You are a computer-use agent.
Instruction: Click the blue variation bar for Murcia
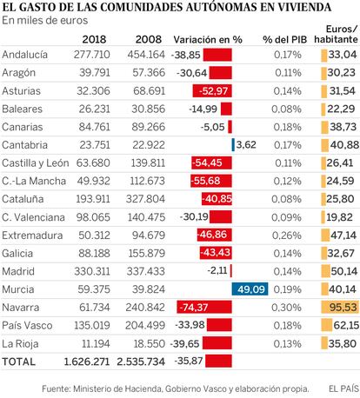(x=250, y=289)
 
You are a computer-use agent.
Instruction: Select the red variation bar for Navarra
(x=204, y=307)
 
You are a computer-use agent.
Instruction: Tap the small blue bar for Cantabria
(x=233, y=145)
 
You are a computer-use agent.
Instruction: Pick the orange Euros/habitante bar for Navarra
(x=340, y=307)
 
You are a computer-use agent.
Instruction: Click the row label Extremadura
(x=32, y=235)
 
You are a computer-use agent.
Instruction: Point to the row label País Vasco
(x=27, y=326)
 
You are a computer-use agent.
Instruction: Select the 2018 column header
(x=94, y=39)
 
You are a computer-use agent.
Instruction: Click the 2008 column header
(x=149, y=39)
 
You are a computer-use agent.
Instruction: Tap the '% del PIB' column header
(x=284, y=40)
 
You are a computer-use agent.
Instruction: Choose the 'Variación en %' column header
(x=208, y=40)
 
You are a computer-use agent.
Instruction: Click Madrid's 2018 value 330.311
(x=92, y=271)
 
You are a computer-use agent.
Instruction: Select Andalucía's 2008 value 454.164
(x=146, y=55)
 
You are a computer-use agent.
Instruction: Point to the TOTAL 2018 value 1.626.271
(x=87, y=362)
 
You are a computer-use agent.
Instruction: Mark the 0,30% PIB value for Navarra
(x=287, y=308)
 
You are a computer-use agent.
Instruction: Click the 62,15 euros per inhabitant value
(x=346, y=325)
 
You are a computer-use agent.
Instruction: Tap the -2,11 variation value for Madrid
(x=217, y=271)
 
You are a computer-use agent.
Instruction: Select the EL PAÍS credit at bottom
(x=343, y=388)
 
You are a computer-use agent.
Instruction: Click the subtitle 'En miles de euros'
(x=45, y=21)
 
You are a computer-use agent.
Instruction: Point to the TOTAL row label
(x=18, y=362)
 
